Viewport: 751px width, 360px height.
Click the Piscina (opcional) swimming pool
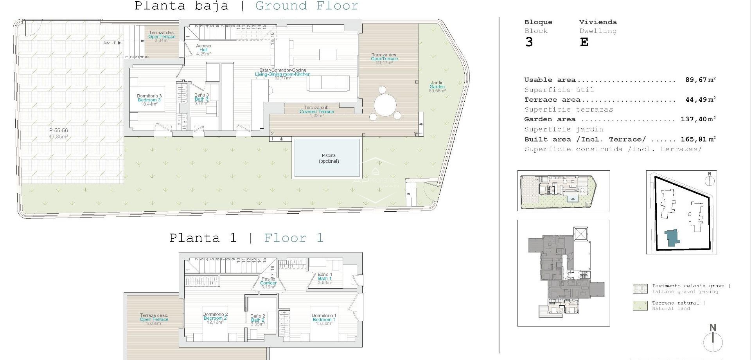(327, 158)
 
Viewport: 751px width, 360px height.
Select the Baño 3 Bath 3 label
(201, 99)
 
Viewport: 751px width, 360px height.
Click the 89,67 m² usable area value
(700, 80)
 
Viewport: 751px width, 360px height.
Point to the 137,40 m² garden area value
(698, 119)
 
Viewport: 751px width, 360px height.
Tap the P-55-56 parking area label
(58, 133)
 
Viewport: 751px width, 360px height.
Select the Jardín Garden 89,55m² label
(437, 87)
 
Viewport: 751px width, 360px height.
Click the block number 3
(529, 42)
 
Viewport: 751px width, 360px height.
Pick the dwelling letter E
(584, 42)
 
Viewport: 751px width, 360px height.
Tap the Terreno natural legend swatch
(640, 306)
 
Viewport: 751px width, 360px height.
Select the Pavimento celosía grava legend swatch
(640, 289)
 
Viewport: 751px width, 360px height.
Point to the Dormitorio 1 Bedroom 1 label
(324, 317)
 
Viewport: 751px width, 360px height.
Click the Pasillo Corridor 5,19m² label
(268, 283)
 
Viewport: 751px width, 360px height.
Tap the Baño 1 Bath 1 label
(325, 278)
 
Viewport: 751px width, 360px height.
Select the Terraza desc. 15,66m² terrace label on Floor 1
(154, 319)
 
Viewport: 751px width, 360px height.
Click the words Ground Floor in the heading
(307, 6)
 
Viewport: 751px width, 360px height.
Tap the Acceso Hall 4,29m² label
(203, 50)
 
